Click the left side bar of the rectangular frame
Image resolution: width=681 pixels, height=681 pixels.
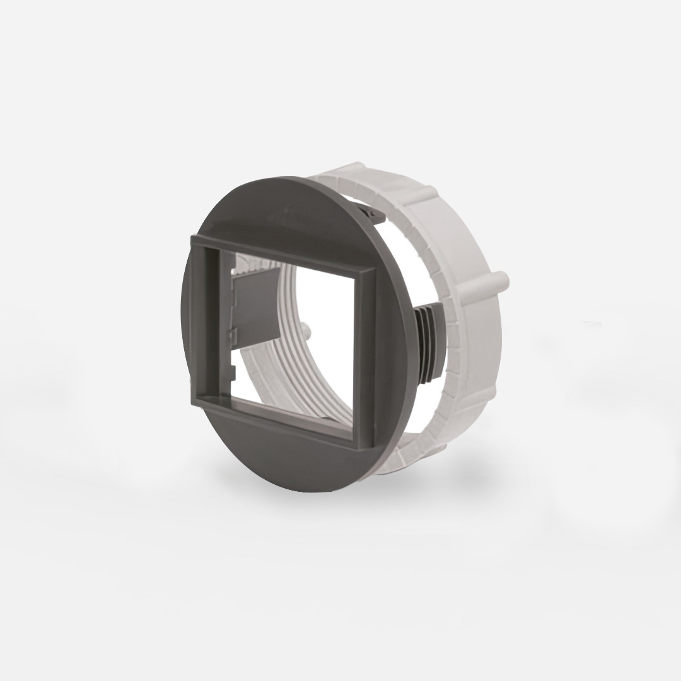201,318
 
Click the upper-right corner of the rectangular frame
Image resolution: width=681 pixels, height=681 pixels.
372,268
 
